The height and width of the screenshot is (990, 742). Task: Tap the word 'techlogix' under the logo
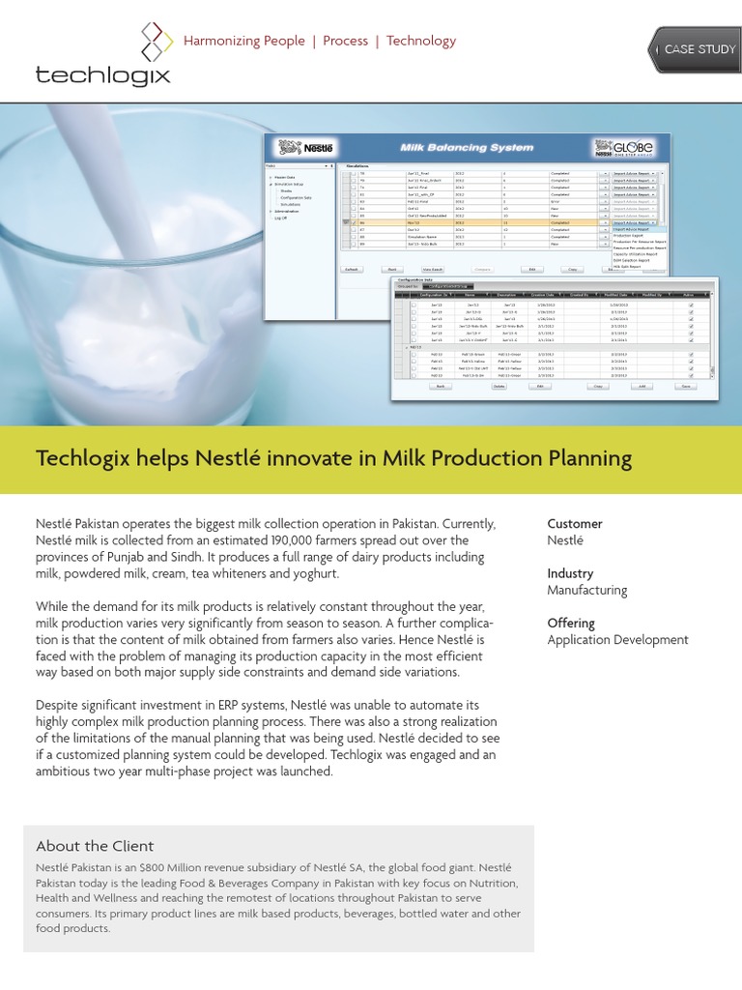[x=102, y=74]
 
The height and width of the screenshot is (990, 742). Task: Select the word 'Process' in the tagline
[x=345, y=41]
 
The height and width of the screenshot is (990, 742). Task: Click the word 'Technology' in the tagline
[x=421, y=41]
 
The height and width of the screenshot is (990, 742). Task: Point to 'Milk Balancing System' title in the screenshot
[x=467, y=148]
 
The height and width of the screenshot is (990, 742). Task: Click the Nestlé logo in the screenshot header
[x=305, y=147]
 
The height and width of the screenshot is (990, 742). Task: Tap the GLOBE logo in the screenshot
[x=628, y=148]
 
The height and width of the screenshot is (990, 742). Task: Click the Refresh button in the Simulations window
[x=353, y=269]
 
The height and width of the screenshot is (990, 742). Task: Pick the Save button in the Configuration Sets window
[x=686, y=385]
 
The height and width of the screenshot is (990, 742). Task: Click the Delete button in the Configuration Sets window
[x=499, y=385]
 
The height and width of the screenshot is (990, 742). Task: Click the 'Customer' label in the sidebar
[x=575, y=524]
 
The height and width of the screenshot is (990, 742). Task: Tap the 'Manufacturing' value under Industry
[x=586, y=590]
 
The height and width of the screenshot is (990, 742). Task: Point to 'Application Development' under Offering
[x=617, y=640]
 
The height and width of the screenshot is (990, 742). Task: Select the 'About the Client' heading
[x=95, y=846]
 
